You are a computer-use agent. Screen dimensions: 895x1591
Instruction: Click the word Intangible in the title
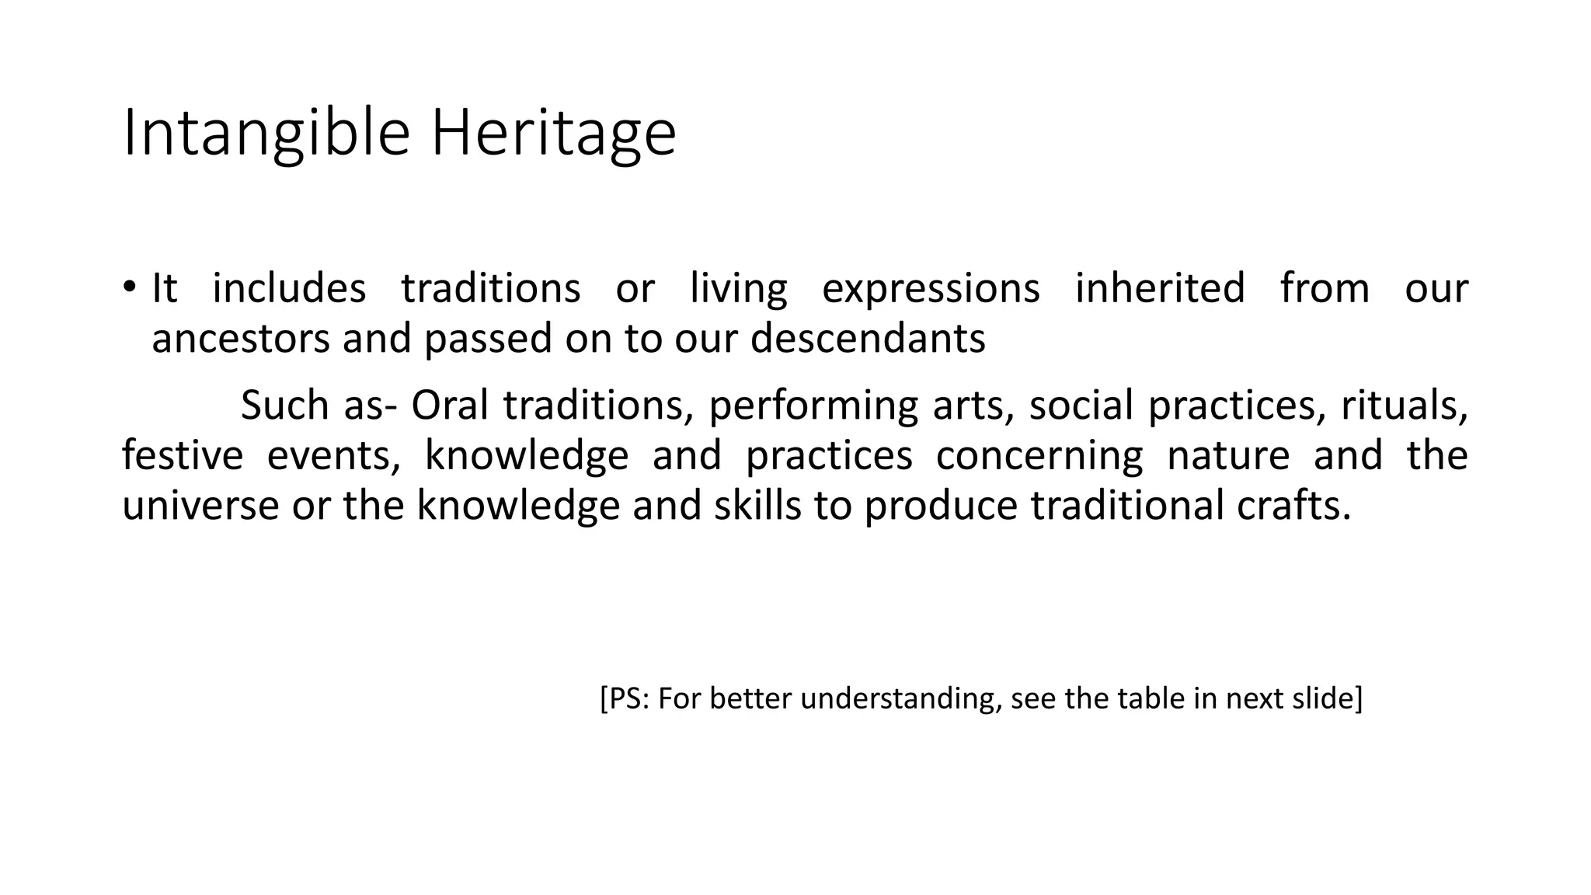[x=266, y=134]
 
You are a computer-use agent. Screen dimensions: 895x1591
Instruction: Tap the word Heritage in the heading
[x=553, y=134]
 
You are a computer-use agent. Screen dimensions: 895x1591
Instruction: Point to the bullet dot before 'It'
[x=129, y=287]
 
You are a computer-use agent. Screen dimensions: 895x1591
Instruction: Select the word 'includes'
[x=289, y=288]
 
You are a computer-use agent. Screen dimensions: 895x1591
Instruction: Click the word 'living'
[x=738, y=288]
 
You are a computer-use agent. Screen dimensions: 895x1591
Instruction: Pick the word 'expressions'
[x=931, y=288]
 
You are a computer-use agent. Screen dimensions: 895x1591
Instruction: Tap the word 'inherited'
[x=1160, y=288]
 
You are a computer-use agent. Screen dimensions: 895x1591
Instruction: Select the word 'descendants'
[x=868, y=339]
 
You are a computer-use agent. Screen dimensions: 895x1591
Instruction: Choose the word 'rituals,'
[x=1405, y=406]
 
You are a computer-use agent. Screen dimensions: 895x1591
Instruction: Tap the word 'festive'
[x=183, y=455]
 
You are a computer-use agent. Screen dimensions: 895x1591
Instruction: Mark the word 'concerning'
[x=1039, y=455]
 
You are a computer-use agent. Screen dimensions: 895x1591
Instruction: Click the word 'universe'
[x=200, y=505]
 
